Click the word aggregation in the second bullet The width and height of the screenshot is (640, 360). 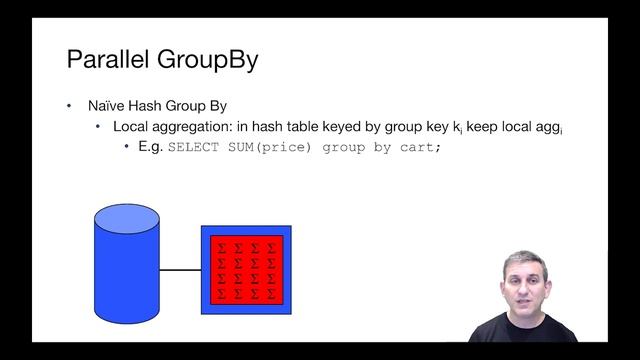pos(198,127)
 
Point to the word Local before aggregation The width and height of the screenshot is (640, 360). pos(133,127)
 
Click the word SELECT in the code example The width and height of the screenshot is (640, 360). pos(191,148)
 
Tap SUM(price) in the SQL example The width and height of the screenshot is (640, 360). pos(266,148)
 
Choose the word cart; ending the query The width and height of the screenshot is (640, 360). pos(419,148)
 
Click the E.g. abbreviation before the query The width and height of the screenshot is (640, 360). pos(150,147)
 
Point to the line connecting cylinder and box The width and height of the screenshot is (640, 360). pos(181,270)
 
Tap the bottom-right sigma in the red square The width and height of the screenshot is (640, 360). pos(271,293)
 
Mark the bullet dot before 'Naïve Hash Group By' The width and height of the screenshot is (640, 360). pos(69,106)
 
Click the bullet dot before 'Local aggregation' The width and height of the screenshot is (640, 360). pos(98,127)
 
